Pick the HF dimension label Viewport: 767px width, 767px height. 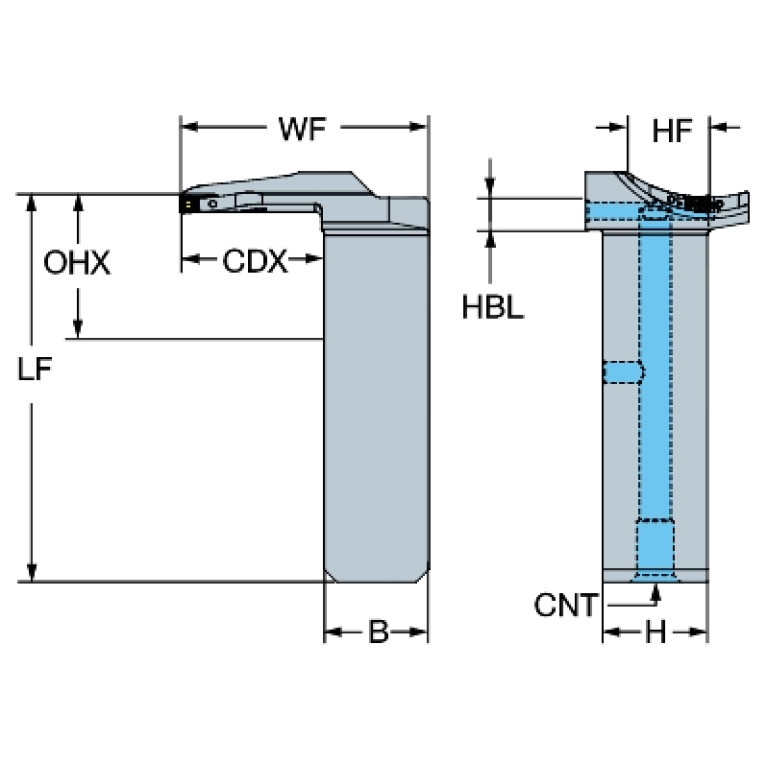672,130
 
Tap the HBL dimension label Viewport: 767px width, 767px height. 492,307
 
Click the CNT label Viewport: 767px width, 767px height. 566,605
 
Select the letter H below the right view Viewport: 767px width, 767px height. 655,633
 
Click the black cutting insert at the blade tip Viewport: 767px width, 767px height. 187,202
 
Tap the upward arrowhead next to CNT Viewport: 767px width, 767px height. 656,592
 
